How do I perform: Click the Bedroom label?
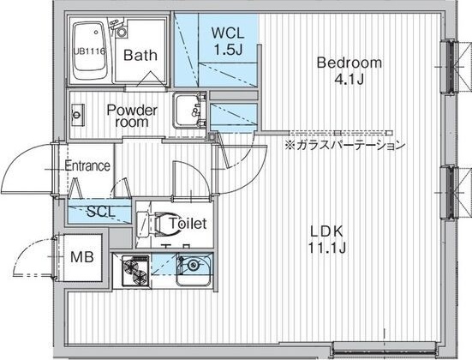(x=350, y=63)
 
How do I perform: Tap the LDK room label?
(x=327, y=231)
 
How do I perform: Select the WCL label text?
(x=228, y=33)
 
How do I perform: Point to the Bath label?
(x=140, y=55)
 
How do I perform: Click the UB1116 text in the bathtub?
(x=89, y=51)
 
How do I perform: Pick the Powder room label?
(x=132, y=116)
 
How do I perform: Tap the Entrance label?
(x=87, y=165)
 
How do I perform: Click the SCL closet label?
(x=101, y=212)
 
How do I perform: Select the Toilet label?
(x=188, y=223)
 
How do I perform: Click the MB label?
(x=82, y=257)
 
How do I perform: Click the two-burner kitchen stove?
(x=135, y=271)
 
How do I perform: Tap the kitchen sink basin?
(x=194, y=270)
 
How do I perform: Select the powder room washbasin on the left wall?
(x=77, y=115)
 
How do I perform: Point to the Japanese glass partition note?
(x=345, y=145)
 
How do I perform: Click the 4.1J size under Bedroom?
(x=350, y=79)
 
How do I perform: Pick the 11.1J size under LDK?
(x=327, y=248)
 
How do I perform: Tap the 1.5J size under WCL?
(x=228, y=49)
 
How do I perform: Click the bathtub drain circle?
(x=96, y=32)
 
